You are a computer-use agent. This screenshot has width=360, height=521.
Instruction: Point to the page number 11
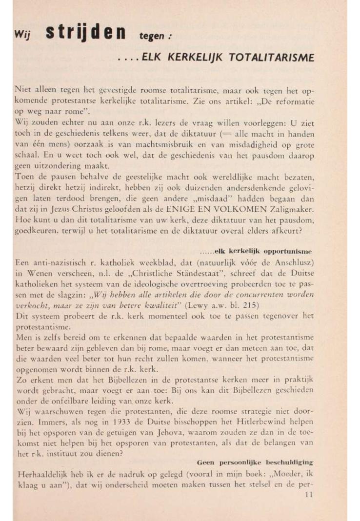tap(307, 495)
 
